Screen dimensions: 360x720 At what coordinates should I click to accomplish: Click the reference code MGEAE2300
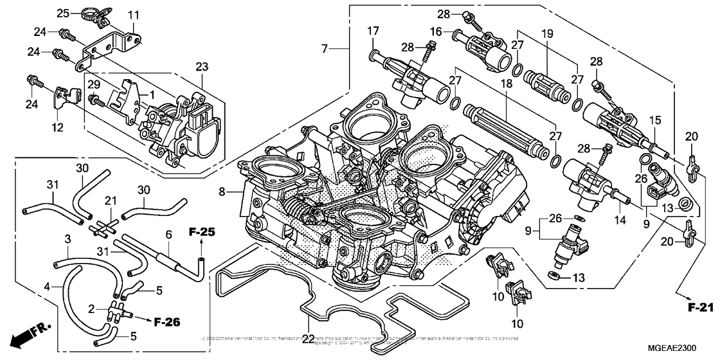coord(683,346)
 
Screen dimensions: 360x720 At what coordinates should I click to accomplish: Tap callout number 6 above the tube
coord(168,235)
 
